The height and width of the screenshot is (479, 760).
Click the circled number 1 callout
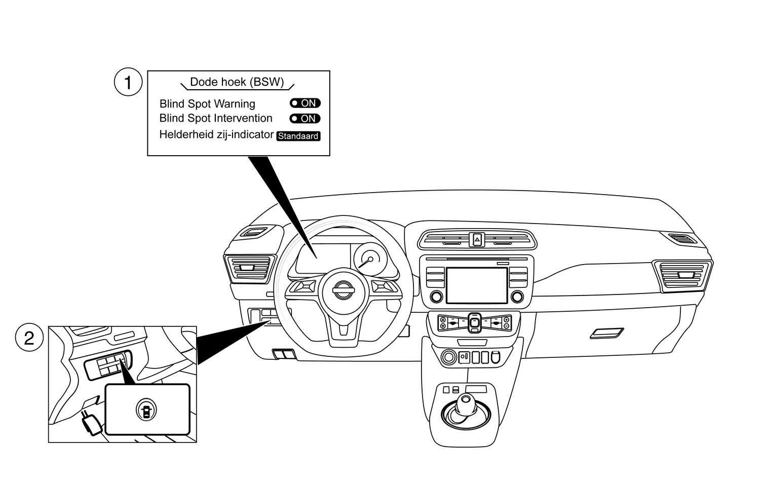(x=128, y=83)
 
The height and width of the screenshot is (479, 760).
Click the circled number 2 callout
(x=29, y=338)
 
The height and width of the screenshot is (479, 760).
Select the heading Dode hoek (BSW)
(x=237, y=82)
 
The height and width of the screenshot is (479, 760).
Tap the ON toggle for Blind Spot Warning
(x=305, y=103)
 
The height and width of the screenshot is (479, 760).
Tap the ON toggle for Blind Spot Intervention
(x=305, y=119)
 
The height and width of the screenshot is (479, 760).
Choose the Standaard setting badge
(x=298, y=136)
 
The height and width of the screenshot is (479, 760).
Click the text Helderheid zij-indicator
(x=216, y=135)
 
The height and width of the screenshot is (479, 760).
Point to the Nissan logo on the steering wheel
(x=344, y=292)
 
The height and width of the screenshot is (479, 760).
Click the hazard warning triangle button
(x=477, y=239)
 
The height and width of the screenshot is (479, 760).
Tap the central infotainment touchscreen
(x=476, y=285)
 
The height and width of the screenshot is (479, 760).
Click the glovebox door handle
(x=607, y=333)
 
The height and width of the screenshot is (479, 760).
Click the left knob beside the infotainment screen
(x=435, y=297)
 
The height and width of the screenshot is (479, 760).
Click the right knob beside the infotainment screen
(x=517, y=297)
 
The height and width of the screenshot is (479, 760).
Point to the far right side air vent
(x=682, y=275)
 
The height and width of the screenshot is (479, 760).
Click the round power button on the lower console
(x=448, y=357)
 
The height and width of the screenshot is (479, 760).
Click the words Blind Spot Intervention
(x=216, y=119)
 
